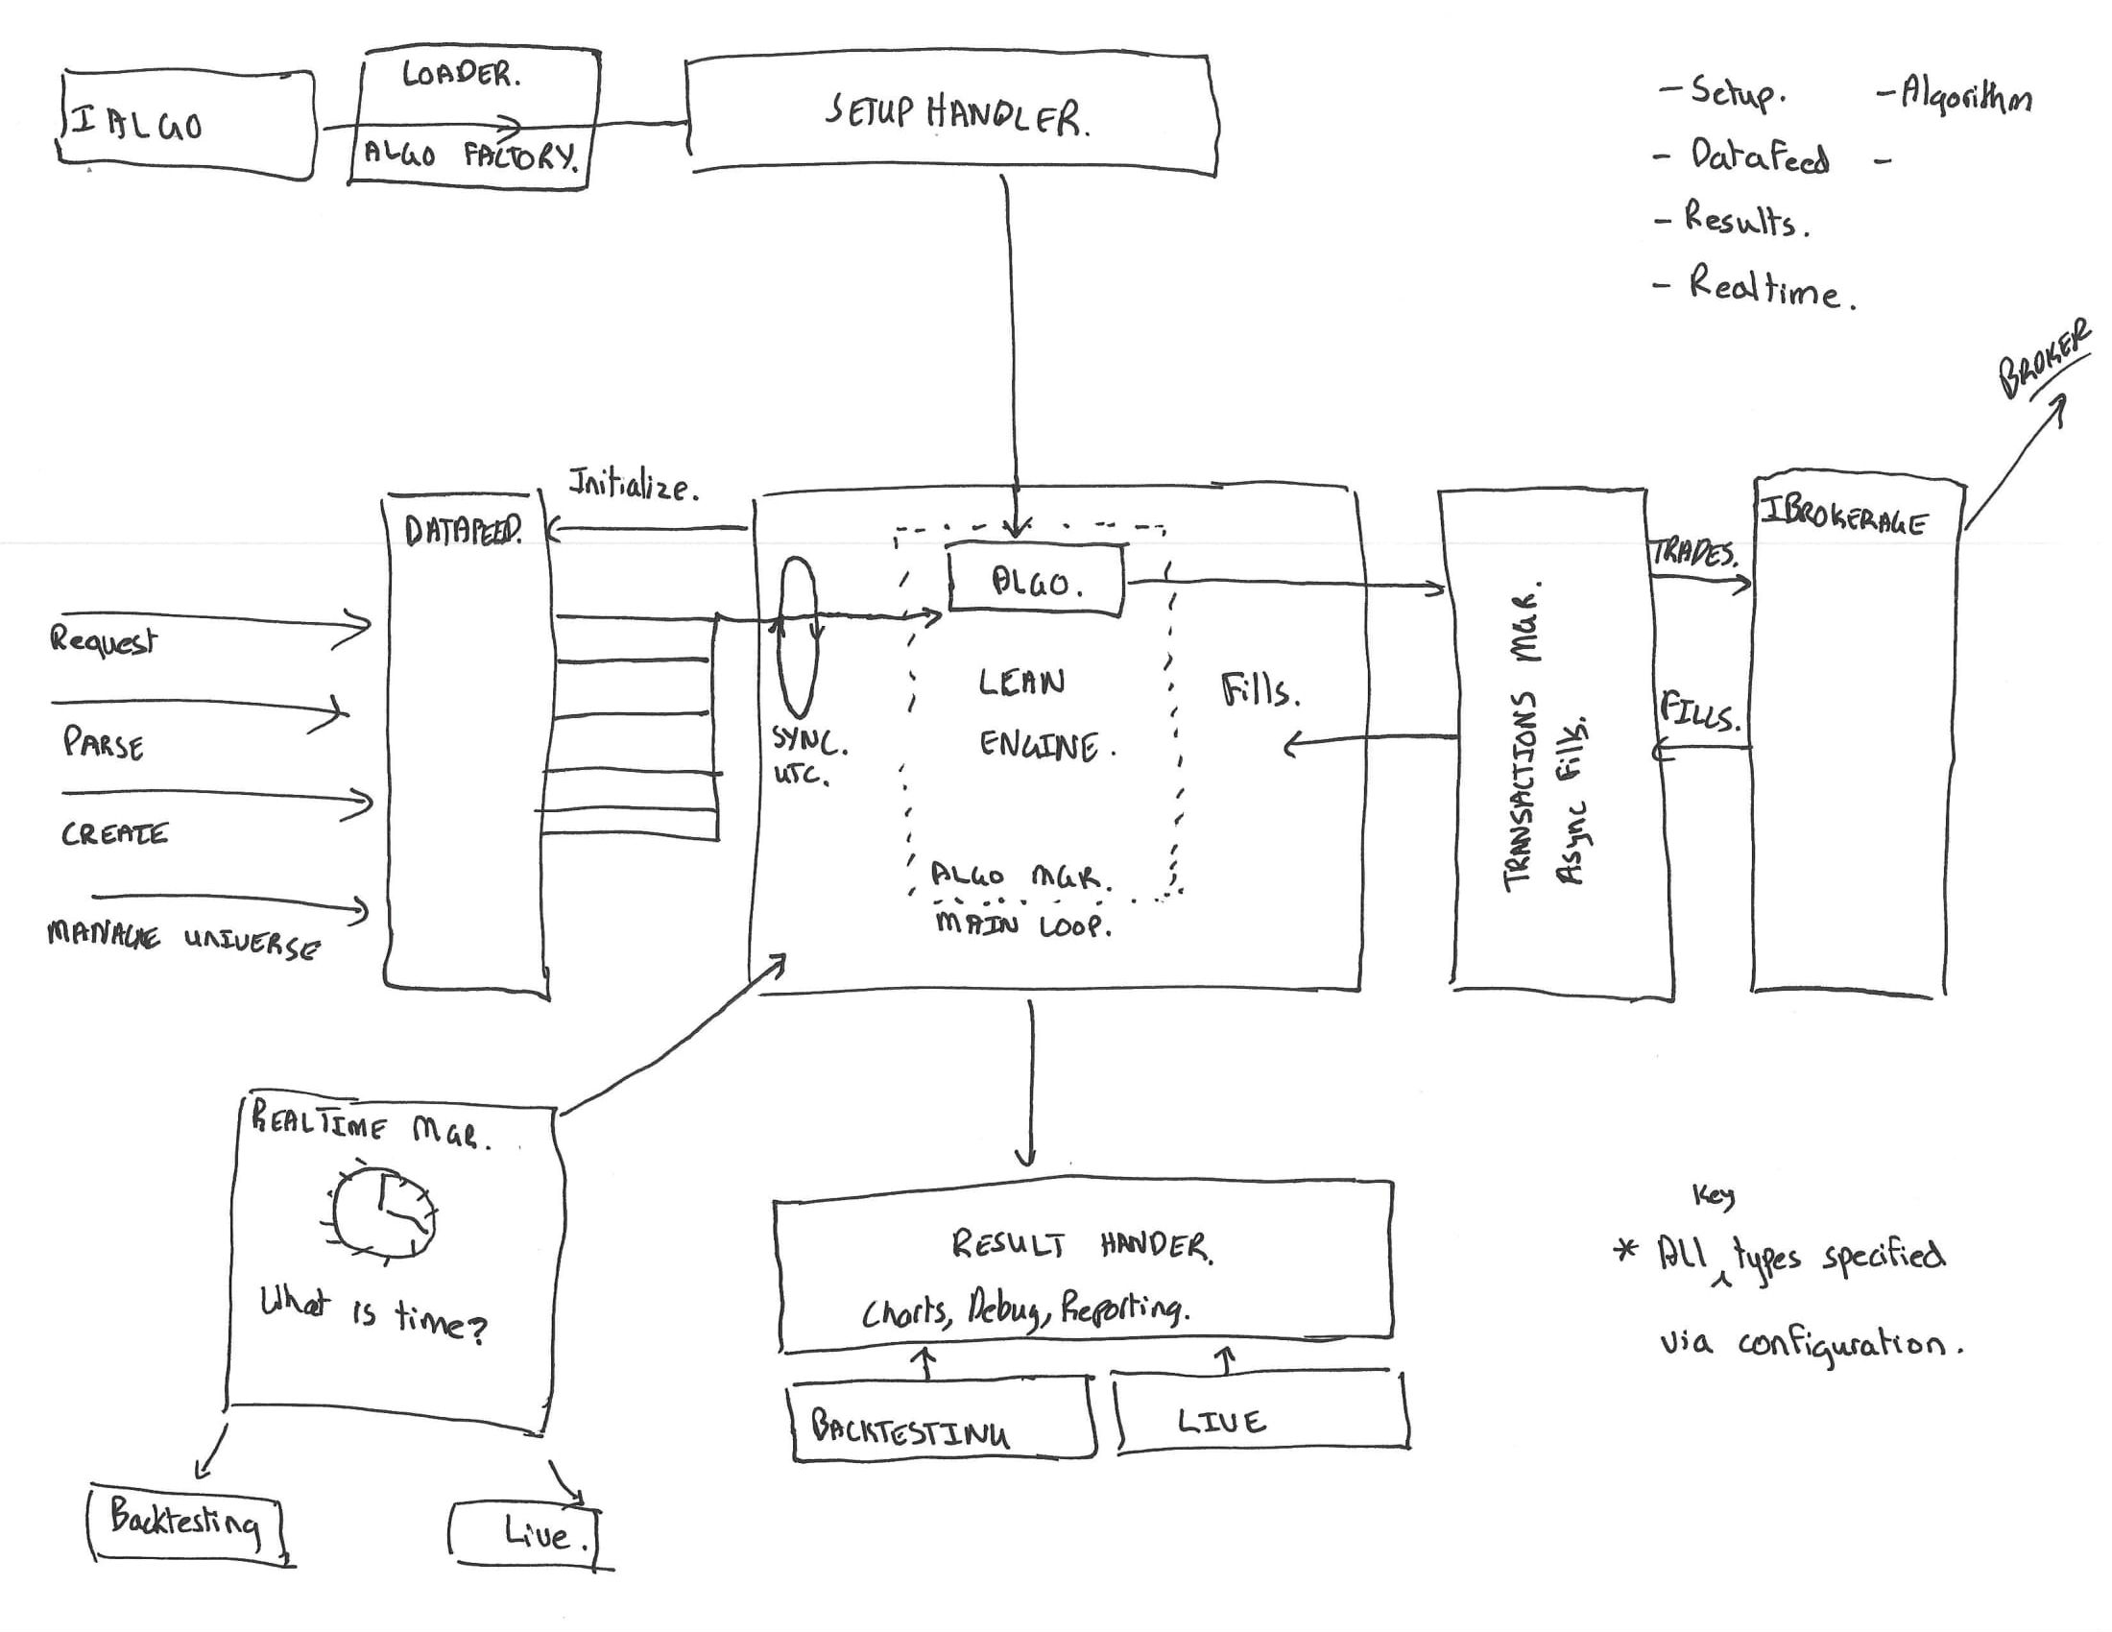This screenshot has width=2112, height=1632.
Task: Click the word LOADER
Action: point(461,74)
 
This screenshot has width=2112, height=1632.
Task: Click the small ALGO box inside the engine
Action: point(1036,580)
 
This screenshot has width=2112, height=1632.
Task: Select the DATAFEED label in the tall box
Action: point(464,531)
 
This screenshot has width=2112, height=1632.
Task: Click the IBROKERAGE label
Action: point(1843,516)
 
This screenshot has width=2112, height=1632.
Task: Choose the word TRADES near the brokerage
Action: point(1694,553)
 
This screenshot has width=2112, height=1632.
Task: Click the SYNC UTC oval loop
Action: point(798,638)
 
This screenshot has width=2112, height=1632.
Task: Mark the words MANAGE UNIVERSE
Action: point(182,940)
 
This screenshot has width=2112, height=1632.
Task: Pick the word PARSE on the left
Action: point(104,744)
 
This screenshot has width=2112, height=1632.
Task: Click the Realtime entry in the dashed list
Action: point(1764,287)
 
